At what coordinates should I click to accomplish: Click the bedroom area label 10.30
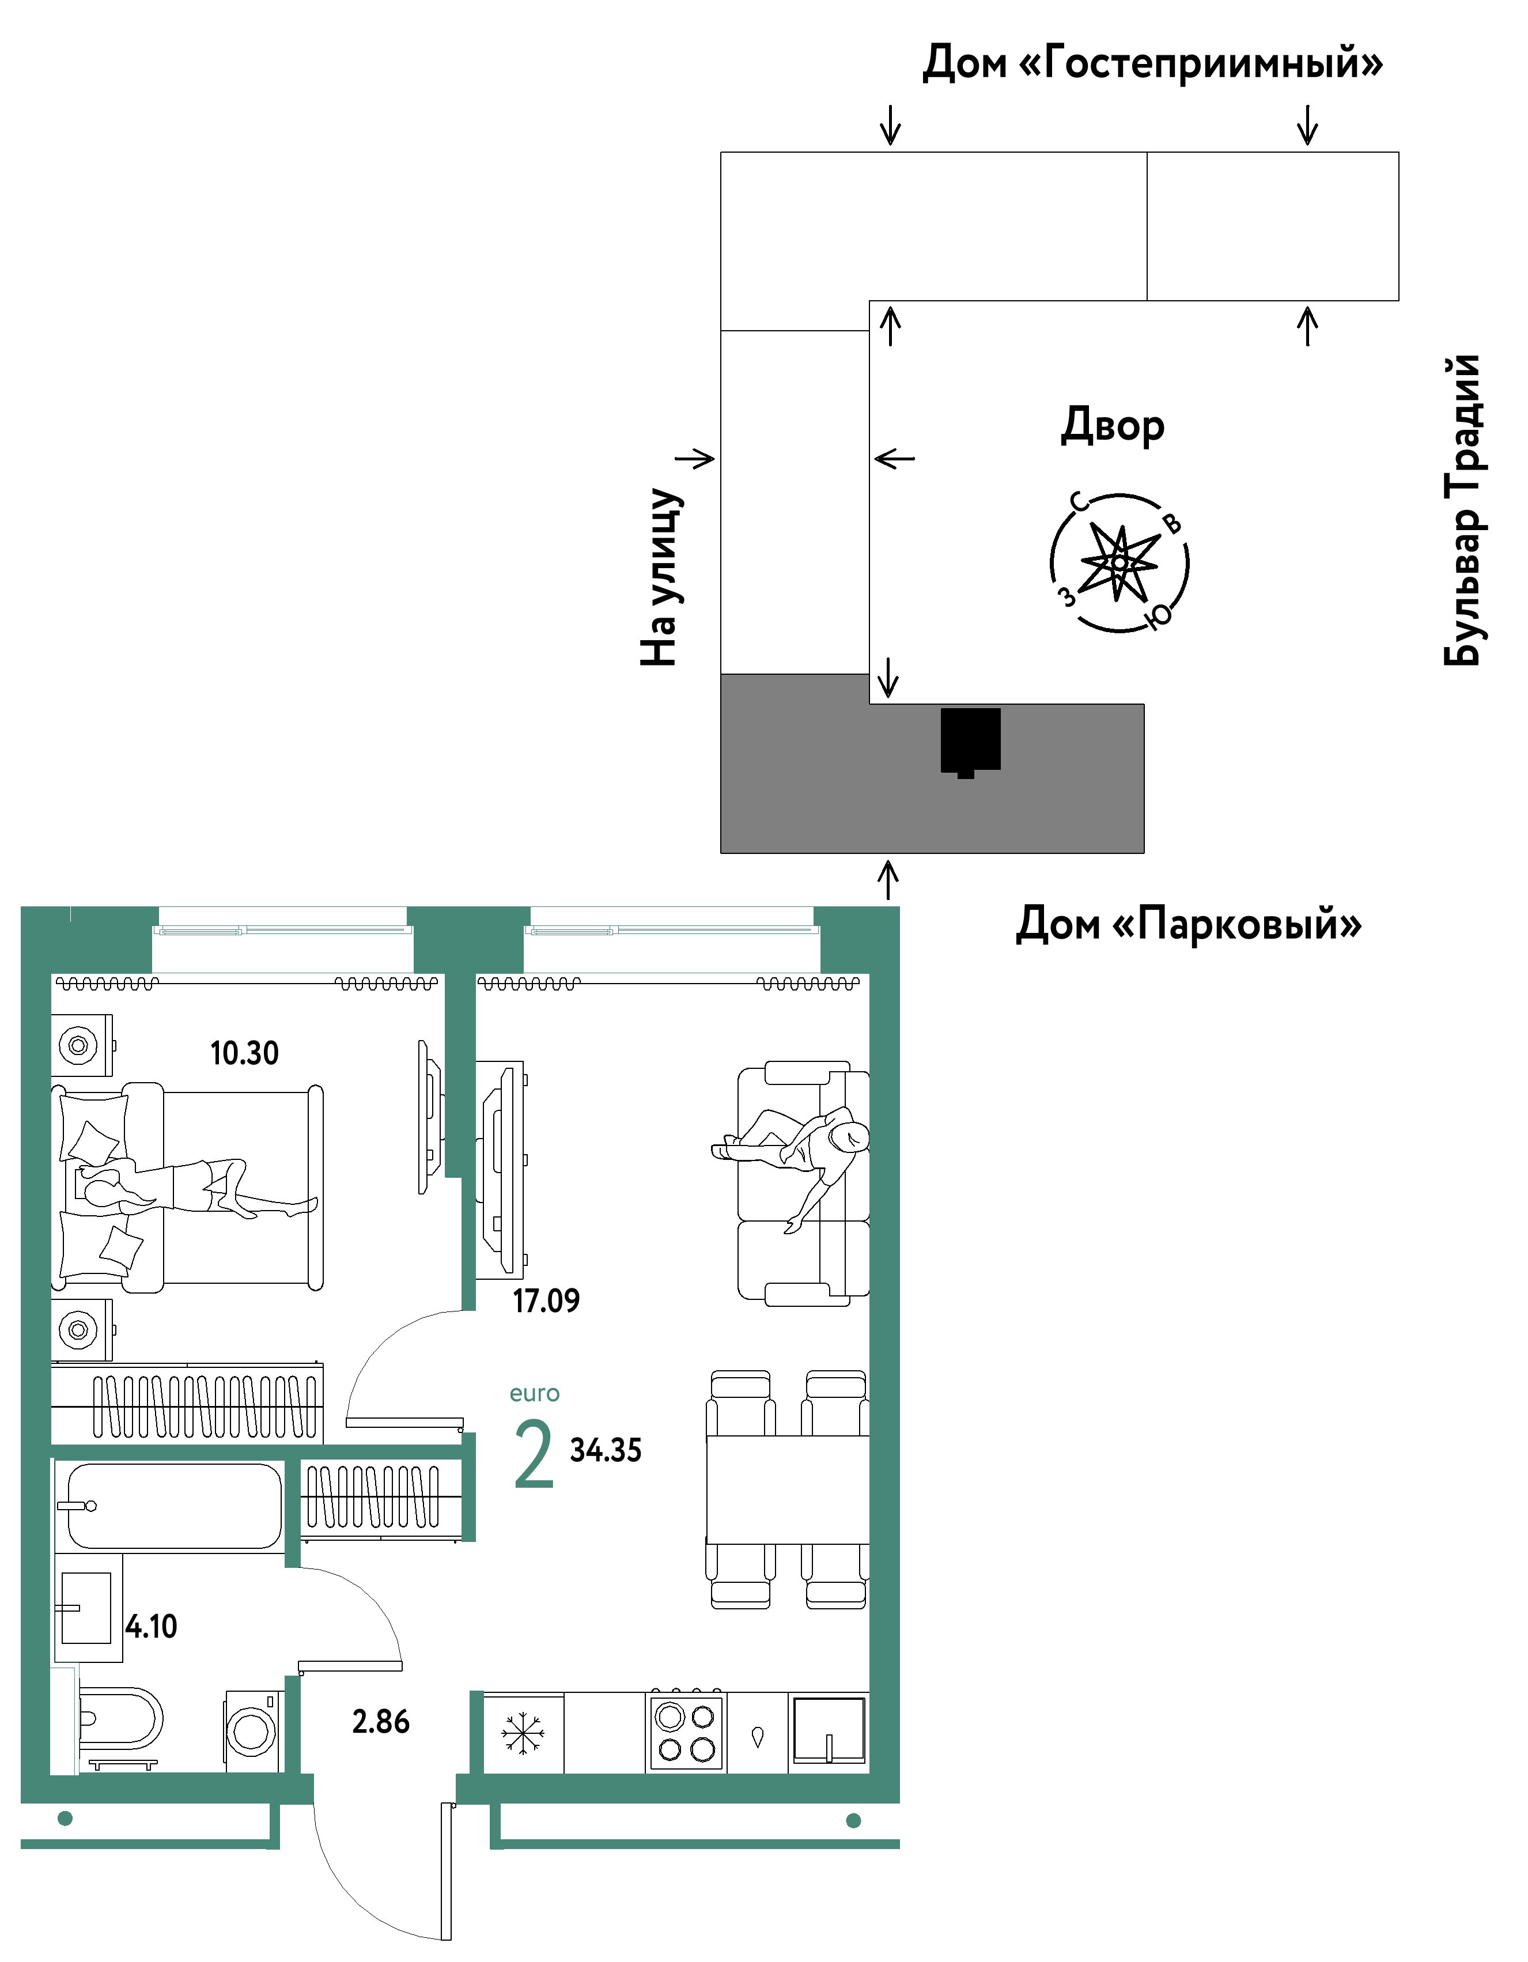pyautogui.click(x=244, y=1053)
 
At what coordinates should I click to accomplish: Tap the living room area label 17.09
pyautogui.click(x=546, y=1301)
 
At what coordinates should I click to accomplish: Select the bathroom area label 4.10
pyautogui.click(x=151, y=1626)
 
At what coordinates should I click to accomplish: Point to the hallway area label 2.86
pyautogui.click(x=381, y=1721)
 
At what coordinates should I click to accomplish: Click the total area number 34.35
pyautogui.click(x=606, y=1450)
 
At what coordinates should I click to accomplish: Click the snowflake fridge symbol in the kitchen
pyautogui.click(x=523, y=1733)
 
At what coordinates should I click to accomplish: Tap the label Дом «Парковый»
pyautogui.click(x=1189, y=924)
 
